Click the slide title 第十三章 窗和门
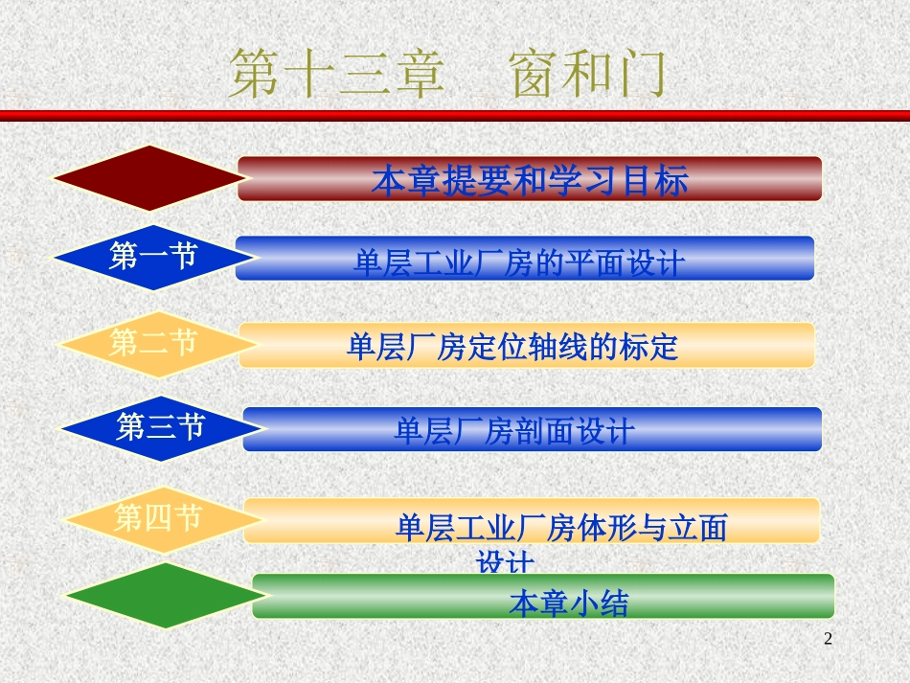(447, 76)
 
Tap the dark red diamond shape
(148, 178)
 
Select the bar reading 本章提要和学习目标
(529, 180)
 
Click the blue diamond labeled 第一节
(153, 257)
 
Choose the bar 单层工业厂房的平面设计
(524, 260)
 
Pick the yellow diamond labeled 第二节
(153, 343)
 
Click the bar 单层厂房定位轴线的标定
(526, 346)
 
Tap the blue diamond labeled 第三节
(159, 427)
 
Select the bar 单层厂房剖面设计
(532, 430)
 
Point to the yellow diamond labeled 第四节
(159, 519)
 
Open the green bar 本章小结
(542, 598)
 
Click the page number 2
(829, 639)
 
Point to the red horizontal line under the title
(455, 115)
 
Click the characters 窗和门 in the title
(587, 76)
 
